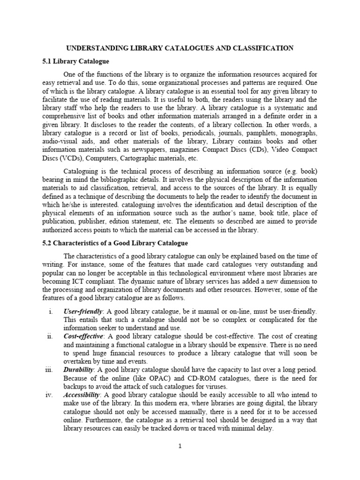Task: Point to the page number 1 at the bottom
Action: pos(180,446)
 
